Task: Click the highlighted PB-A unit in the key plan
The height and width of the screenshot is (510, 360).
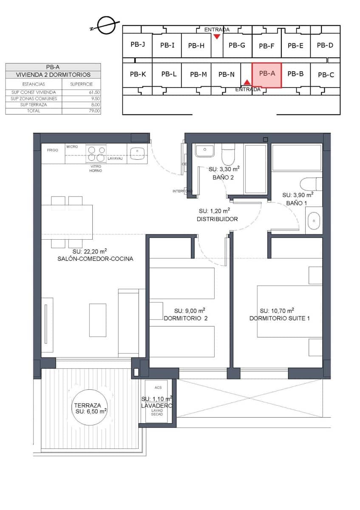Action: [x=266, y=75]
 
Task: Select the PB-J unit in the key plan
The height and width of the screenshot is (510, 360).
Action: [x=138, y=44]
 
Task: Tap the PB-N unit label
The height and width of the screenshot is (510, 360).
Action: [x=226, y=74]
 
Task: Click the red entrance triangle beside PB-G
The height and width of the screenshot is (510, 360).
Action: [x=217, y=37]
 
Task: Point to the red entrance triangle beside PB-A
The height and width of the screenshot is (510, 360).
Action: [x=247, y=82]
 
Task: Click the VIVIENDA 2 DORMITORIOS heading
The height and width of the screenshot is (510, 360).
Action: [x=53, y=74]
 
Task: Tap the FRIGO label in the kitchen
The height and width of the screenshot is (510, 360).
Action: [x=52, y=150]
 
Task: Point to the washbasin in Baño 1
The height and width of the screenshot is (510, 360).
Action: [x=314, y=221]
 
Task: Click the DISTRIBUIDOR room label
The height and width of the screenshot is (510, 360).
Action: [x=217, y=219]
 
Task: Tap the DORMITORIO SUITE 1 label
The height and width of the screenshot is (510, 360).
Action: [x=279, y=318]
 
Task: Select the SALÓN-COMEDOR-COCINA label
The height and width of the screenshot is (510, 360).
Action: [x=96, y=258]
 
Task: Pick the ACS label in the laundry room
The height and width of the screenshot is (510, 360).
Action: [x=158, y=388]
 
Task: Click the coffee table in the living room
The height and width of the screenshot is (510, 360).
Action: [x=97, y=320]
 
